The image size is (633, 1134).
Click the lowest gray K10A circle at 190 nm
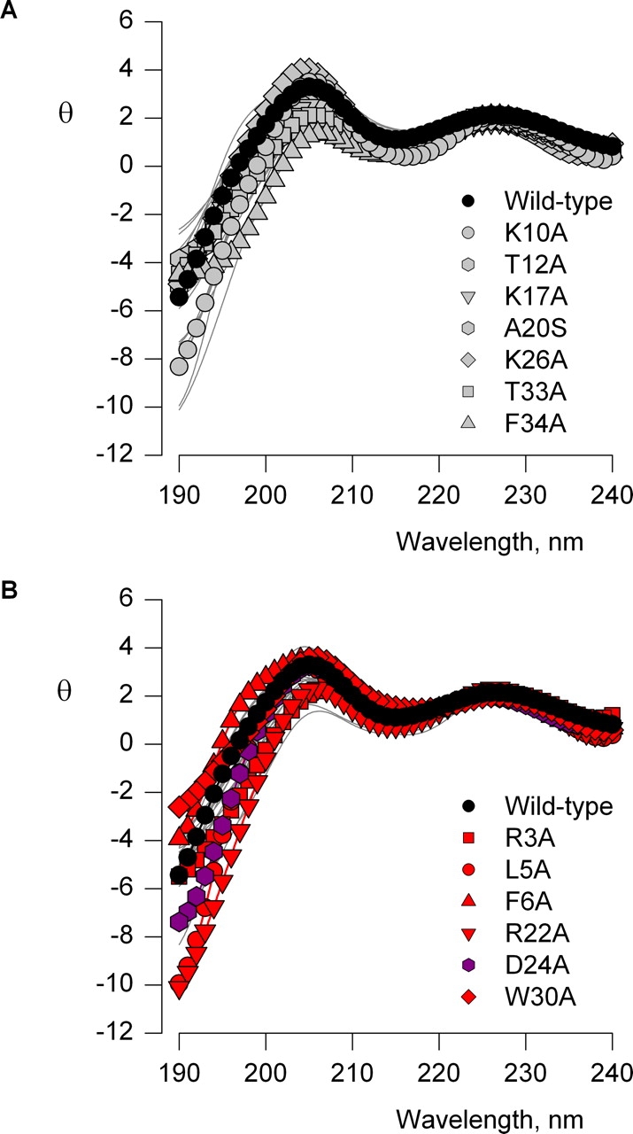[x=179, y=366]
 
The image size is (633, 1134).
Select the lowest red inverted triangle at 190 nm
[x=179, y=988]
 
